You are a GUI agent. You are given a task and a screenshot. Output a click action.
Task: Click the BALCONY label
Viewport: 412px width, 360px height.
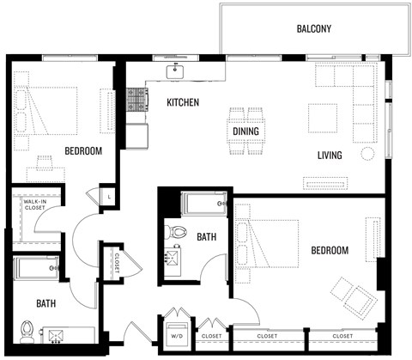point(313,28)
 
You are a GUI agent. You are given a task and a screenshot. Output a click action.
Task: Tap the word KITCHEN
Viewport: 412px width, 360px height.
point(183,102)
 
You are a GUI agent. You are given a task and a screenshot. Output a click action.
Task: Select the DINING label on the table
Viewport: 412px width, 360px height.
point(248,131)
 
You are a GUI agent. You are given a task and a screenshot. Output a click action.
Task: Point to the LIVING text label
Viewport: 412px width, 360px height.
point(330,156)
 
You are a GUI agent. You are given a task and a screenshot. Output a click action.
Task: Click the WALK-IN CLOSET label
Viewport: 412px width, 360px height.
point(34,204)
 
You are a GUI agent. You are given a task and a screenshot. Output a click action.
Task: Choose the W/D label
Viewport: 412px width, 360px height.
point(178,335)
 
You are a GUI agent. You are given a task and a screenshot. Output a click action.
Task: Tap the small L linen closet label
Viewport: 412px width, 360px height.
point(109,197)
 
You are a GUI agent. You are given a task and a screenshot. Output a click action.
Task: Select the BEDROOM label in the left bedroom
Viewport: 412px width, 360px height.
point(83,151)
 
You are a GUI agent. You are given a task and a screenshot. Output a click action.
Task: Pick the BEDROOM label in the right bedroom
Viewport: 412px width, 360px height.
point(330,250)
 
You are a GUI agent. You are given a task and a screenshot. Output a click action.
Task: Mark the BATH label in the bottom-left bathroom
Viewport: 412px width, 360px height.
point(46,303)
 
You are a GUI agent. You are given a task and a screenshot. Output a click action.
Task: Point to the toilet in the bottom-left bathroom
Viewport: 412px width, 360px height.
point(27,329)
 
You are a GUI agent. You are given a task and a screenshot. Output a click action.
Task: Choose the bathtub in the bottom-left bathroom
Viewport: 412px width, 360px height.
point(36,268)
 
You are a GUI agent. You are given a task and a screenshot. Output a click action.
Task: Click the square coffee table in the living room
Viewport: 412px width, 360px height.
point(323,118)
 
